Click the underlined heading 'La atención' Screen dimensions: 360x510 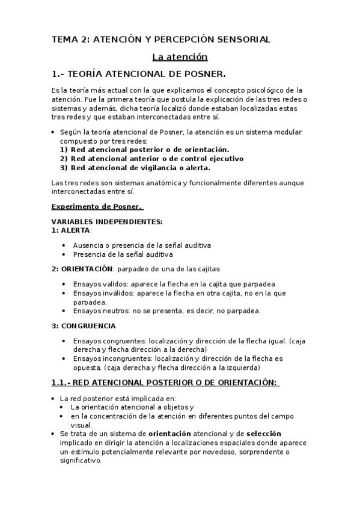[180, 57]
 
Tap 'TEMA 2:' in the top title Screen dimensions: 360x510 [70, 39]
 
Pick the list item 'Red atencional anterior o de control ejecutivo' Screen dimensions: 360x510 [157, 159]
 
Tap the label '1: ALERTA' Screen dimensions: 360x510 [71, 230]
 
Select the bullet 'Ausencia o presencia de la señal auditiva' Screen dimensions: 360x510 [142, 245]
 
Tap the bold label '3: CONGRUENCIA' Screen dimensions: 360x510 [84, 325]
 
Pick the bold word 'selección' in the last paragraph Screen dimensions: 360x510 [264, 433]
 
